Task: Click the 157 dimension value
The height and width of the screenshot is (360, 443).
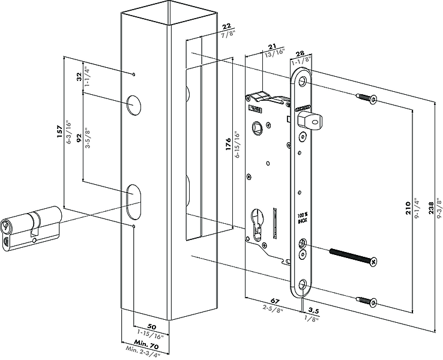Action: [59, 131]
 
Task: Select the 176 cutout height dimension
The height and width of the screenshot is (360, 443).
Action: [228, 144]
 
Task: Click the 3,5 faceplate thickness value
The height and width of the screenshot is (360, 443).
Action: [313, 311]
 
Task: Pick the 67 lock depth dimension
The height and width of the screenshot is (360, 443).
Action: [274, 301]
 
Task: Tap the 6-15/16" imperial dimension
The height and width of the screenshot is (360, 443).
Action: [237, 144]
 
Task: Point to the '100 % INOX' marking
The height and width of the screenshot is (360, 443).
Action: [303, 218]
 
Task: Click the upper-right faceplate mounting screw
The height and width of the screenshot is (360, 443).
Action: [367, 98]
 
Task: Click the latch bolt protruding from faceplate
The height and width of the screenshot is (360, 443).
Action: [310, 119]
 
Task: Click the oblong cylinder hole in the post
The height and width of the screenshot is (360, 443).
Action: [133, 201]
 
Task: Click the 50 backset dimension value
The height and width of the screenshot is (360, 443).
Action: [152, 327]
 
